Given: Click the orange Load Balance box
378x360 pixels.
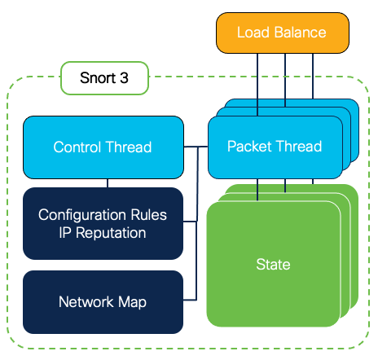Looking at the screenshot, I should click(282, 33).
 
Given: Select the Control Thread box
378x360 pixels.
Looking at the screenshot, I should click(103, 147).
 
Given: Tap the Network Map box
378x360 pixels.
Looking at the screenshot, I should click(103, 301).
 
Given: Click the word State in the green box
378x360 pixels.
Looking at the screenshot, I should click(273, 265).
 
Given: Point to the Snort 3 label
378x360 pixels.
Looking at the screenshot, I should click(104, 79).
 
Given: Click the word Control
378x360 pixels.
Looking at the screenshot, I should click(78, 147).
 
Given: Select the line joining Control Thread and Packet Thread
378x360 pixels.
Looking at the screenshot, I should click(195, 147).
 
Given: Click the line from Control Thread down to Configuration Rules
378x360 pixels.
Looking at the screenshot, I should click(108, 183).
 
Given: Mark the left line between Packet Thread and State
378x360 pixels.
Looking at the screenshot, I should click(257, 189).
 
